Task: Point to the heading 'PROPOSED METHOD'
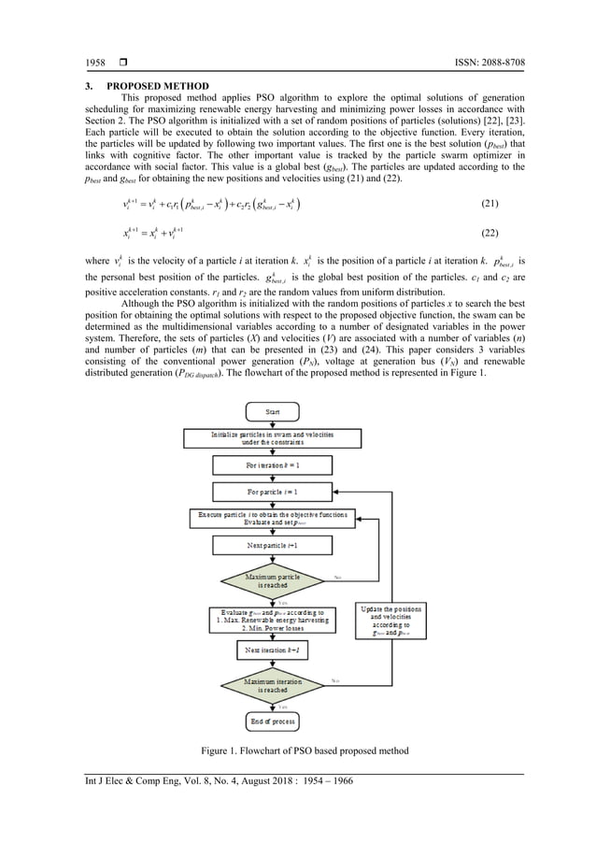tap(158, 88)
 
